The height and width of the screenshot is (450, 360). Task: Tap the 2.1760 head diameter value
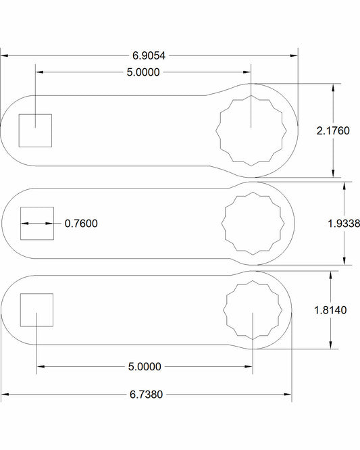(x=332, y=131)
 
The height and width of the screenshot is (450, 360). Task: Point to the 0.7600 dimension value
(x=81, y=223)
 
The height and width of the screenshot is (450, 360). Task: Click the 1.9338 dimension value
(x=343, y=223)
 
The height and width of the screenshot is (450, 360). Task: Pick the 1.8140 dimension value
(x=331, y=310)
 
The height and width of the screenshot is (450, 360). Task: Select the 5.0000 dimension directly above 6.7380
(x=145, y=366)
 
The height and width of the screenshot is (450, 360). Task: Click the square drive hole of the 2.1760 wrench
(x=35, y=130)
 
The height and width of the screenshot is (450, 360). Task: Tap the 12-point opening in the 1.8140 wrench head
(x=252, y=310)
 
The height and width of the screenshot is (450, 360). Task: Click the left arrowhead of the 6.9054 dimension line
(x=4, y=56)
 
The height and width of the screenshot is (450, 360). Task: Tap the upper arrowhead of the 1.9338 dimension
(x=344, y=184)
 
